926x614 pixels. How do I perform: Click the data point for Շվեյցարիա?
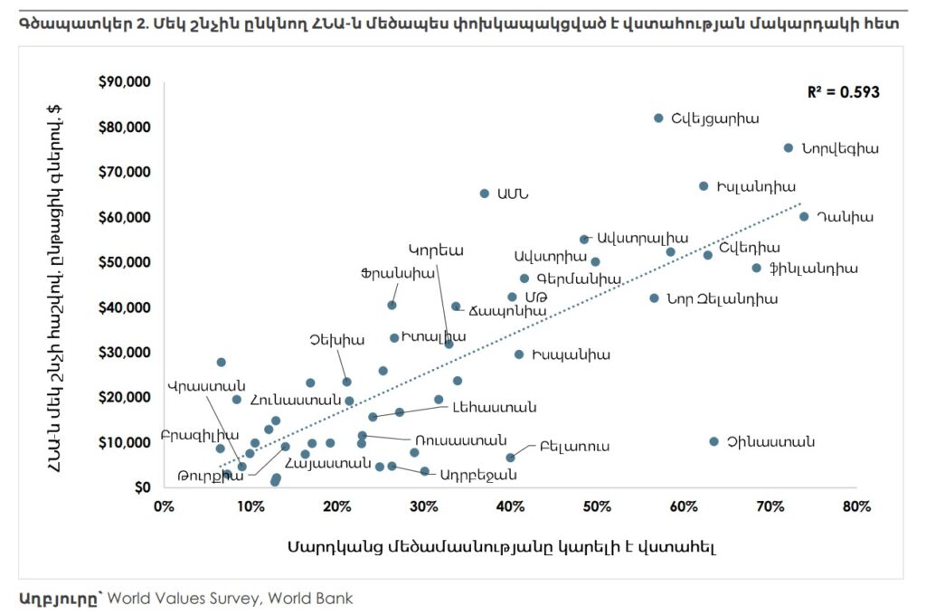(x=658, y=118)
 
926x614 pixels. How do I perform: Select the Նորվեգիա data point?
(x=788, y=147)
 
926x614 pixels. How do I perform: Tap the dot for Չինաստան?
(x=713, y=441)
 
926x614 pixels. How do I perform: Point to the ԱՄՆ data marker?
(x=484, y=194)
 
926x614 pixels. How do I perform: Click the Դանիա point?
(x=804, y=216)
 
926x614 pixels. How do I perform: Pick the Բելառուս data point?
(x=510, y=458)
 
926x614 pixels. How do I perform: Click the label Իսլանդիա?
(x=755, y=187)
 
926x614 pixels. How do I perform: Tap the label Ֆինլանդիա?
(x=813, y=269)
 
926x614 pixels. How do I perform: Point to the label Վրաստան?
(x=201, y=386)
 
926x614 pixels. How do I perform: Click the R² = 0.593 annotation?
(x=843, y=92)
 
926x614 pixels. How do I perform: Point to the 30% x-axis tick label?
(x=424, y=505)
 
